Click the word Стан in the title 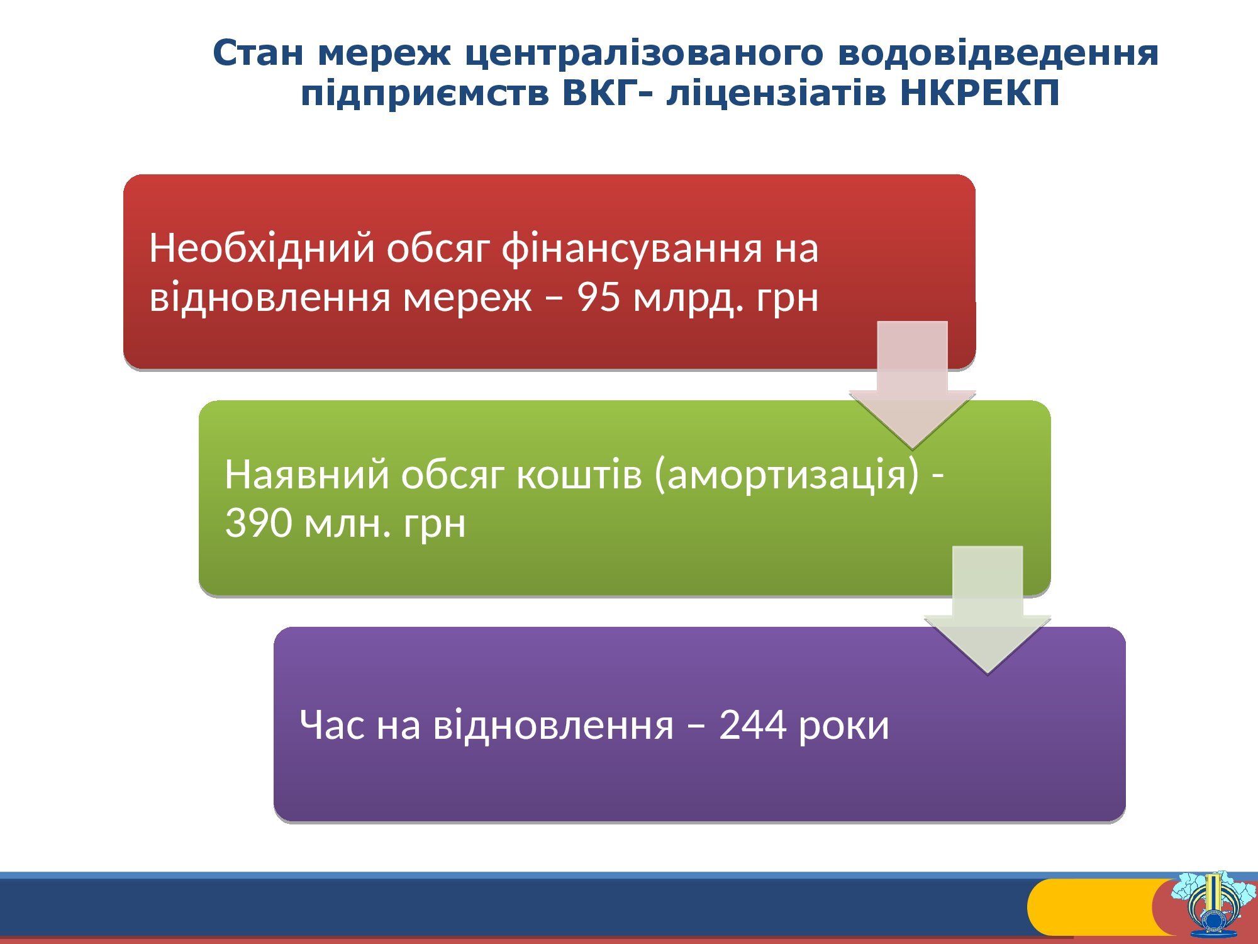(x=258, y=53)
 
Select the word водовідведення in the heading (x=998, y=54)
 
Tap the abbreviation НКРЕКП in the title (x=980, y=94)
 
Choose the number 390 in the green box (x=258, y=523)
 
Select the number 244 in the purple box (x=752, y=724)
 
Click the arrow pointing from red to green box (x=912, y=385)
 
